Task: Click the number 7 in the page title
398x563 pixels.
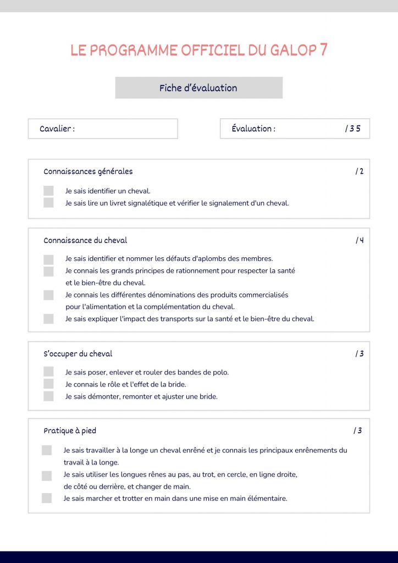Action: tap(323, 49)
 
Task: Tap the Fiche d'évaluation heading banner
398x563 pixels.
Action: tap(198, 88)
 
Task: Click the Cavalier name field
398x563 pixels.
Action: tap(103, 129)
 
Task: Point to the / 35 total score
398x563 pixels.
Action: tap(352, 129)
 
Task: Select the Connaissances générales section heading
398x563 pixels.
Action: tap(88, 172)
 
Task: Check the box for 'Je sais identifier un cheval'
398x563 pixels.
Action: tap(48, 191)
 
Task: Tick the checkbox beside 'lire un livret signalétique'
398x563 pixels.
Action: tap(48, 203)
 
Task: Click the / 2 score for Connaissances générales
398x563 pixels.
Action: tap(359, 172)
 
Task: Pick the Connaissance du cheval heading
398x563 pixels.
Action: tap(85, 240)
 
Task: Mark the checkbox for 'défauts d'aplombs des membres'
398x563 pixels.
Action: tap(48, 259)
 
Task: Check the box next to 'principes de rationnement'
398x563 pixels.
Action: tap(48, 271)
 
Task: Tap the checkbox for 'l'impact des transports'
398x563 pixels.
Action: tap(48, 319)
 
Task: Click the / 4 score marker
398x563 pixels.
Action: tap(360, 240)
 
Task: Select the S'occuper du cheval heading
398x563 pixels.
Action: tap(78, 354)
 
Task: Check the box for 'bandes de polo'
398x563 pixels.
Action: tap(48, 372)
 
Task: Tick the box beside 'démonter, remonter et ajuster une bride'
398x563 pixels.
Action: tap(48, 396)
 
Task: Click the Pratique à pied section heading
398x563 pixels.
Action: tap(70, 430)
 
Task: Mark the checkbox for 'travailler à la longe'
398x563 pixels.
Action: tap(47, 450)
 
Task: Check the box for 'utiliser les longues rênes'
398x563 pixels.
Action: tap(47, 475)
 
